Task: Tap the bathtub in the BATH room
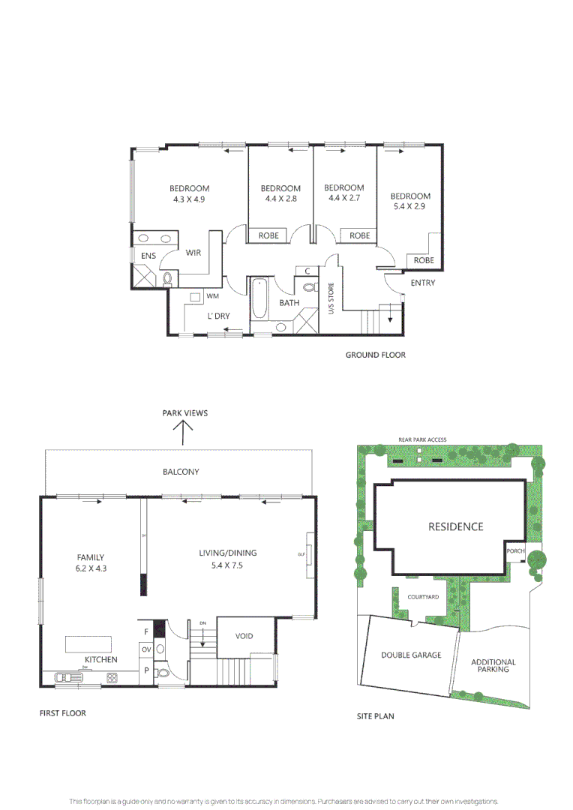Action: (x=259, y=298)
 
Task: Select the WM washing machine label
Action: (x=212, y=296)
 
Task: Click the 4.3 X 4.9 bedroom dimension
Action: (x=189, y=199)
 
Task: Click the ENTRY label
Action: (x=422, y=283)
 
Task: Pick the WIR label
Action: (x=193, y=253)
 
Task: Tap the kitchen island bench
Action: (x=88, y=643)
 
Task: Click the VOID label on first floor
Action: (x=244, y=636)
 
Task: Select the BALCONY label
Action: (x=181, y=472)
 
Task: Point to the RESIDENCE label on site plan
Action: (x=456, y=526)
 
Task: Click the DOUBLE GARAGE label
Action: (x=411, y=655)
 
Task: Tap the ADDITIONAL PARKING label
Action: (x=493, y=666)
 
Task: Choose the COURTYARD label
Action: (x=423, y=597)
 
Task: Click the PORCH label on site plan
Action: (x=516, y=551)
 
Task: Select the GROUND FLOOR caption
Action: (x=375, y=355)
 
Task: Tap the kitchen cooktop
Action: (x=112, y=678)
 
